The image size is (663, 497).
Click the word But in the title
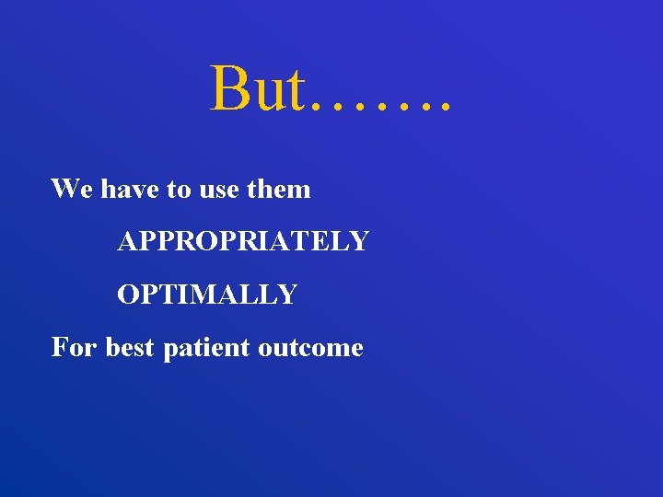coord(257,89)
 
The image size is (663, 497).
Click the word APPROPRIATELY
coord(243,241)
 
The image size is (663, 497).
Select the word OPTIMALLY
coord(207,295)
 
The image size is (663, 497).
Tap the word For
coord(75,347)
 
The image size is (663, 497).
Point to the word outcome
coord(310,348)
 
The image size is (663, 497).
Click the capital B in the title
coord(227,89)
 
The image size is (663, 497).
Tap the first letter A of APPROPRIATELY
coord(126,241)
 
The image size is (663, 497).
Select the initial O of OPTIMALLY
coord(127,295)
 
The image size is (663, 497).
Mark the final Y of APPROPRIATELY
coord(360,241)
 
